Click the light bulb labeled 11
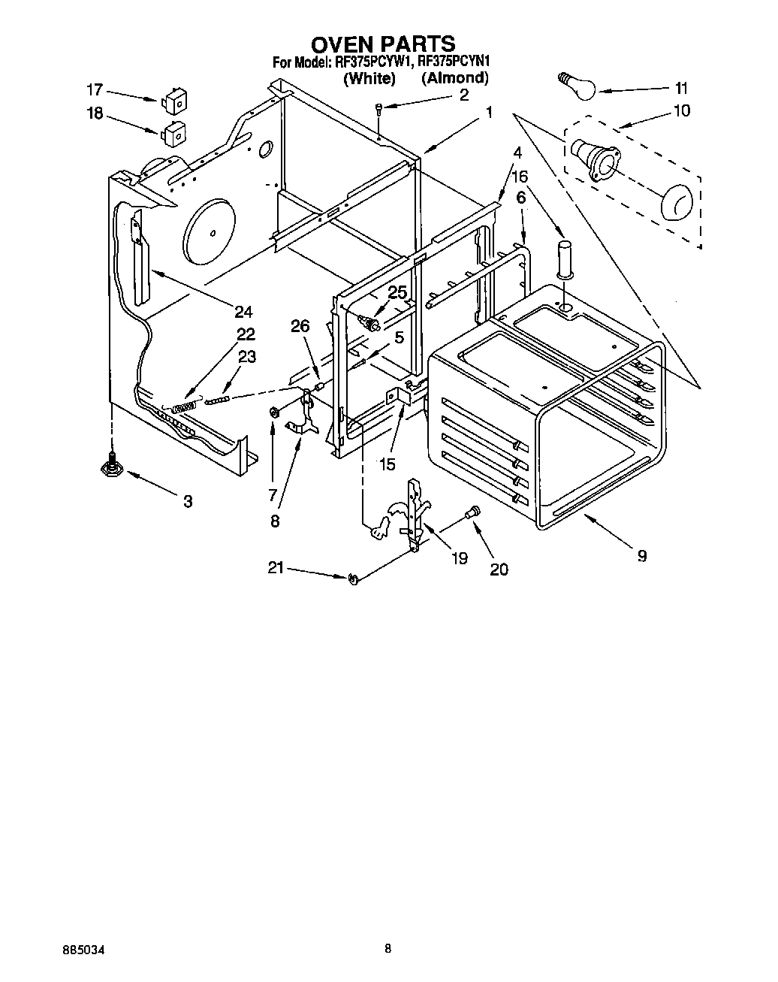pyautogui.click(x=577, y=84)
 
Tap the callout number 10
pyautogui.click(x=681, y=110)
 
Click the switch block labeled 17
pyautogui.click(x=173, y=101)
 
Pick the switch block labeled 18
pyautogui.click(x=173, y=134)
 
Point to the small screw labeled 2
pyautogui.click(x=381, y=108)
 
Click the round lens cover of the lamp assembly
pyautogui.click(x=677, y=202)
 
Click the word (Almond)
pyautogui.click(x=454, y=77)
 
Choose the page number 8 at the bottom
pyautogui.click(x=387, y=949)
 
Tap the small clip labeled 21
pyautogui.click(x=353, y=578)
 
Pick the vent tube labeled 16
pyautogui.click(x=564, y=258)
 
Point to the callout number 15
pyautogui.click(x=387, y=464)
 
